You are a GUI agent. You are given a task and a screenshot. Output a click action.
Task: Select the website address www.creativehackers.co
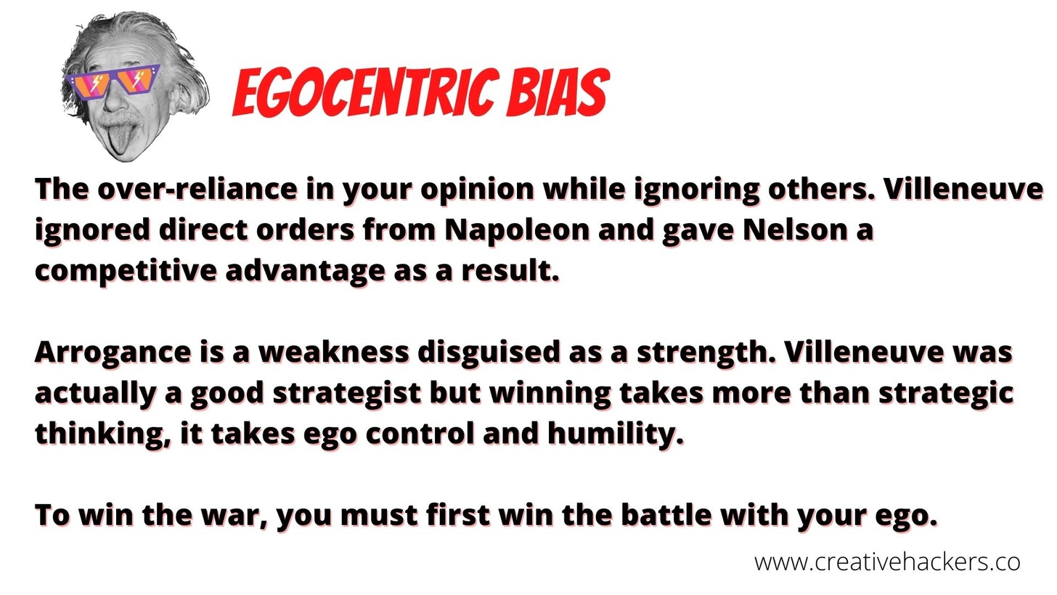coord(887,562)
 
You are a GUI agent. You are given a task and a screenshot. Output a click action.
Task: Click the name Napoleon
coord(517,230)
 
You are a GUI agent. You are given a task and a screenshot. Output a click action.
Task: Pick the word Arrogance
coord(113,353)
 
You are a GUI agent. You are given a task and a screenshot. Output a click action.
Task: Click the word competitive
coord(126,272)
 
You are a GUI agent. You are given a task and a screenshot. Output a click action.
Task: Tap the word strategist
coord(347,393)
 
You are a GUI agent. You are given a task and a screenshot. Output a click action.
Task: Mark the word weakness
coord(334,352)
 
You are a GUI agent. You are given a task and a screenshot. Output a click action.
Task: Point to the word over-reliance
coord(197,189)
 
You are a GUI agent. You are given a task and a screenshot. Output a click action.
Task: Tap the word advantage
coord(305,272)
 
